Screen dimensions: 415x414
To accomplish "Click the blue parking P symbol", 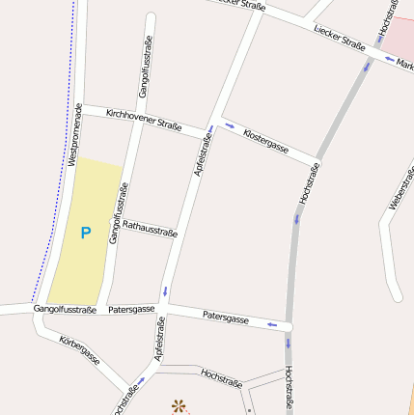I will pos(85,233).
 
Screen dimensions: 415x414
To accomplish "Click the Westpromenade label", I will pos(77,134).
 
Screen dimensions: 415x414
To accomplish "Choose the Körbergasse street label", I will pos(79,350).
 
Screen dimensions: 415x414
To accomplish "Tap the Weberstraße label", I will pos(397,188).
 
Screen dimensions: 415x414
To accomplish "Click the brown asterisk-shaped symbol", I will pos(178,406).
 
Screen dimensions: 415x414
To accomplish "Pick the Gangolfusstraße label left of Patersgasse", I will pos(65,310).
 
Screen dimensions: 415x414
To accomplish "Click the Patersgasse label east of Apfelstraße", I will pos(226,318).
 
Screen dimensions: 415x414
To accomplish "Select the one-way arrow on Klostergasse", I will pos(229,124).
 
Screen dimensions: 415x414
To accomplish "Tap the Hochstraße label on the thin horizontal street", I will pos(221,376).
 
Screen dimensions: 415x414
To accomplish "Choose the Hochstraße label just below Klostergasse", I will pos(310,182).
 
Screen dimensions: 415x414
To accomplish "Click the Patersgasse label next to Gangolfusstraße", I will pos(131,310).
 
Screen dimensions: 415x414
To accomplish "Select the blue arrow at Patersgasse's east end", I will pos(272,325).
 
